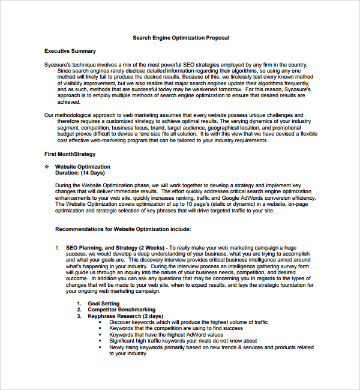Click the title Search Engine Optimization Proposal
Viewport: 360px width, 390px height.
tap(181, 38)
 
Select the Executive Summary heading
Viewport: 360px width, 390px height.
tap(70, 51)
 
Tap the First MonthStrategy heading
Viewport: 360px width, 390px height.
tap(70, 154)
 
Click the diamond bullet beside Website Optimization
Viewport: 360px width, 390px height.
tap(47, 167)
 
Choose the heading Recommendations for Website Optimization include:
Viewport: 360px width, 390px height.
tap(123, 229)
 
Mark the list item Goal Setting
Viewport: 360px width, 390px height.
tap(103, 304)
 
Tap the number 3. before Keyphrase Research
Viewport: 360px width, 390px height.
tap(79, 316)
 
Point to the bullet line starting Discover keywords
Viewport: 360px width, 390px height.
tap(188, 322)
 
